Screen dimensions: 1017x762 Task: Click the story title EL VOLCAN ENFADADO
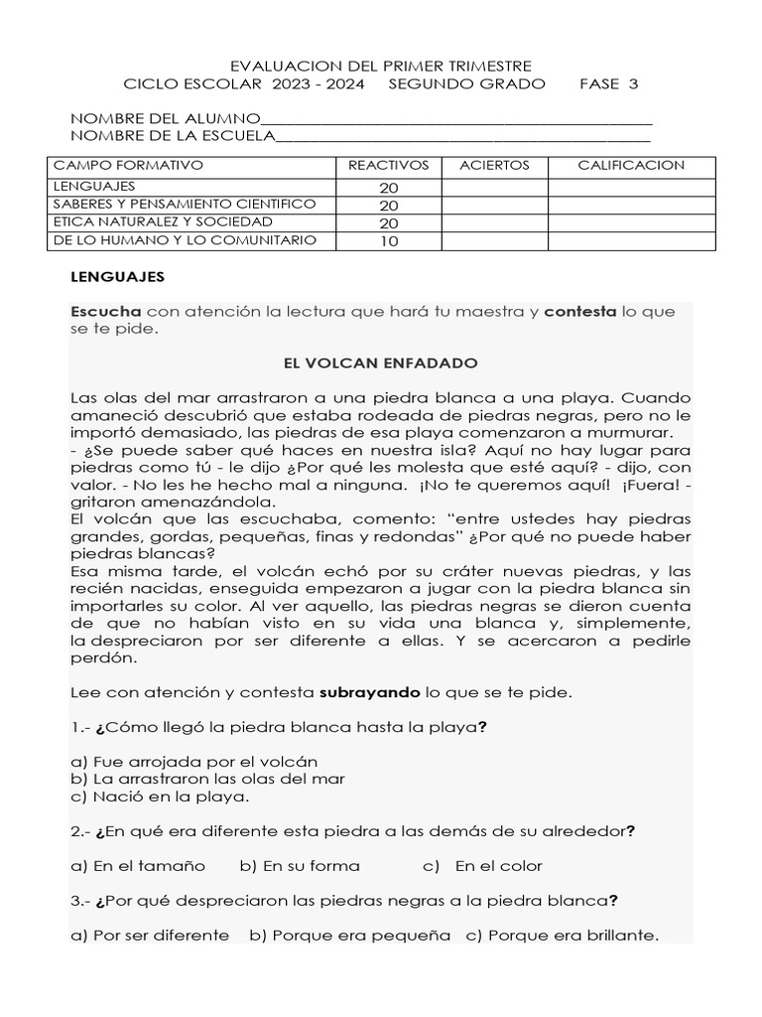click(381, 363)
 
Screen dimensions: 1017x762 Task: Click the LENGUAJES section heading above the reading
click(117, 277)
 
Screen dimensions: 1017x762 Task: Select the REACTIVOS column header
click(388, 165)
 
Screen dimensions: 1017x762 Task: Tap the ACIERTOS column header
click(494, 165)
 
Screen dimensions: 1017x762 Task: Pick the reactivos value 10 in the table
click(388, 241)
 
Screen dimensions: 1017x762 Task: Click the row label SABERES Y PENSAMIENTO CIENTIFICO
click(185, 204)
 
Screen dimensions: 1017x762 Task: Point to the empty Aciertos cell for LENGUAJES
click(494, 187)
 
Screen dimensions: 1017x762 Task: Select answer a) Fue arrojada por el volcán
click(194, 762)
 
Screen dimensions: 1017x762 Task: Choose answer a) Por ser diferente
click(150, 936)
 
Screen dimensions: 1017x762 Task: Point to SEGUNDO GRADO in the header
click(466, 84)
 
